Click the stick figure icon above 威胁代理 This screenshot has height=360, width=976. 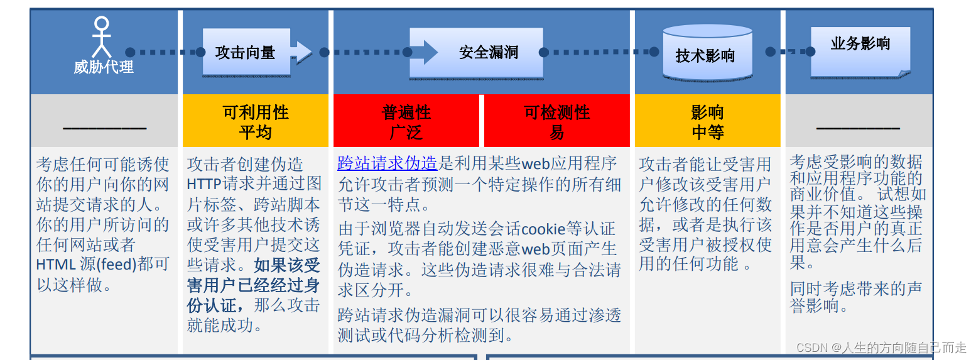tap(101, 38)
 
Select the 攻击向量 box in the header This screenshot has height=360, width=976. tap(246, 53)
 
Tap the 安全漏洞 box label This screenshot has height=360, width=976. tap(489, 52)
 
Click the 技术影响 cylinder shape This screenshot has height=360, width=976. tap(707, 55)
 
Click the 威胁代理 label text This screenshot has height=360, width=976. tap(104, 67)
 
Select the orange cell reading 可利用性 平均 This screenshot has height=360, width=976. tap(256, 122)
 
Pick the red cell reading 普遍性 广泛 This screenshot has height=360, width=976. tap(406, 122)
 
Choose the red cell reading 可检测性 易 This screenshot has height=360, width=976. tap(557, 122)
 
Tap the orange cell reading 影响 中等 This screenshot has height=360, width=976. tap(708, 122)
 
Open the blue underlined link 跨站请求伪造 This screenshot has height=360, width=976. tap(387, 164)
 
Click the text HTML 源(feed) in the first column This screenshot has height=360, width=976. tap(86, 265)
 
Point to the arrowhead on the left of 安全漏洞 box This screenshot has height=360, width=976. tap(430, 52)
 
